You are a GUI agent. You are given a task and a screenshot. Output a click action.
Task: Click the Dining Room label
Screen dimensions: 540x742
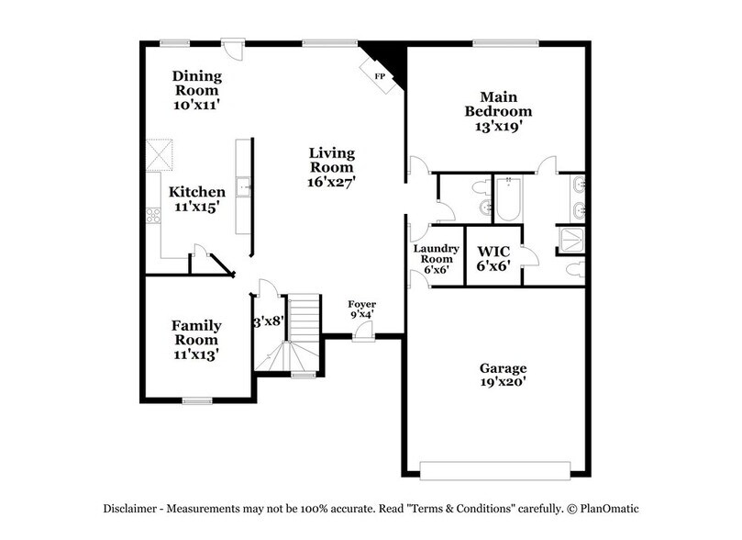tap(196, 84)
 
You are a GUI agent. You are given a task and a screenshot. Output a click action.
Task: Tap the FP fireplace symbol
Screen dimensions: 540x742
tap(378, 75)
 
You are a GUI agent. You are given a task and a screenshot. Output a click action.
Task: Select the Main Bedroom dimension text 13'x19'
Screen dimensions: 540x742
tap(498, 127)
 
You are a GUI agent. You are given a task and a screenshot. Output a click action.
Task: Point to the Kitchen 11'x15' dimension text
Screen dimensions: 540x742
tap(196, 208)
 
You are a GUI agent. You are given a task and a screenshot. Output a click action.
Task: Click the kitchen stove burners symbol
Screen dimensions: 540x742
tap(152, 217)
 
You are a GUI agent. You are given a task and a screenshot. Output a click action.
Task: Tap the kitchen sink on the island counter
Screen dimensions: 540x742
tap(244, 188)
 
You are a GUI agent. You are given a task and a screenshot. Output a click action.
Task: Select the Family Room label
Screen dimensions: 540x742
tap(196, 332)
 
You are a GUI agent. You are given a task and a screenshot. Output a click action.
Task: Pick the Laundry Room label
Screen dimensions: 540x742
tap(435, 253)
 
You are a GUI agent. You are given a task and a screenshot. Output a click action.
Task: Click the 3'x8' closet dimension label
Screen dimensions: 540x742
tap(269, 322)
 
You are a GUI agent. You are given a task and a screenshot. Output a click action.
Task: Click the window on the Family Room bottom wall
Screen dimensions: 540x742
tap(196, 400)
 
